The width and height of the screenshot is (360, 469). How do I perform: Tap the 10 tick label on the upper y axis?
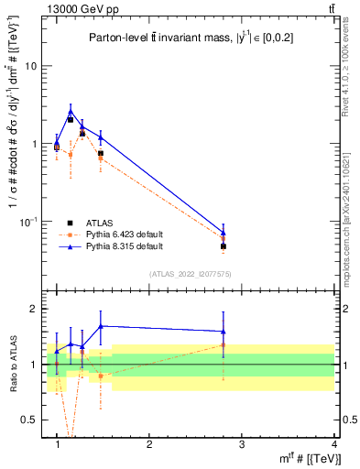[x=32, y=66]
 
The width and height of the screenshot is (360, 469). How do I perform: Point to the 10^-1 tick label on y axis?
[x=29, y=221]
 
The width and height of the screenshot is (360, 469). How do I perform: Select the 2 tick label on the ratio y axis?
[x=33, y=309]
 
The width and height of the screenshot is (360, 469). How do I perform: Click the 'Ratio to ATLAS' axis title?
[x=12, y=365]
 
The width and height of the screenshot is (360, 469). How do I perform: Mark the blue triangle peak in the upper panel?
[x=71, y=112]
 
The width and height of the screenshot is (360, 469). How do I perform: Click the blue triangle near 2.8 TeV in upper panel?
[x=223, y=233]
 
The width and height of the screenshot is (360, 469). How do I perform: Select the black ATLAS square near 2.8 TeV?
[x=223, y=246]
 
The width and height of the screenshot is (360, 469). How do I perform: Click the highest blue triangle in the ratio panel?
[x=101, y=326]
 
